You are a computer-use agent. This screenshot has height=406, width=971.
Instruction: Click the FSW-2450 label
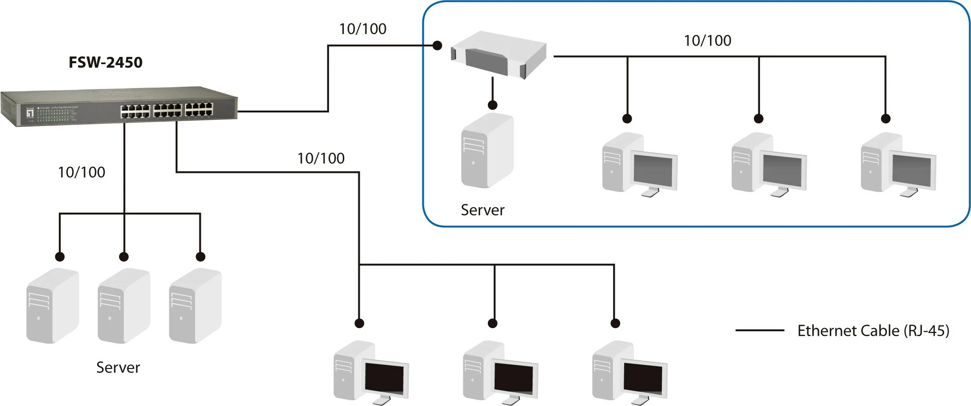click(105, 62)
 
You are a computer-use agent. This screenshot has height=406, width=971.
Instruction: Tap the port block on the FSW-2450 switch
click(167, 110)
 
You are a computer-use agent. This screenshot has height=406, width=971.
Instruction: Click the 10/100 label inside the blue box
click(707, 41)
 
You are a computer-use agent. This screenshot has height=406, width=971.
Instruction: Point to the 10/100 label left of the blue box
click(362, 29)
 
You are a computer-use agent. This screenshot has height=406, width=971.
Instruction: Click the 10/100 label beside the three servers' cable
click(81, 172)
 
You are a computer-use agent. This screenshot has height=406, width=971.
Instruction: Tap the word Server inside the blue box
click(482, 210)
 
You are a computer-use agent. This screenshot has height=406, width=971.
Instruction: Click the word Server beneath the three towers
click(118, 368)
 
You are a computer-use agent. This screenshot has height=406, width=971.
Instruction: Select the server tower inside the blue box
click(487, 150)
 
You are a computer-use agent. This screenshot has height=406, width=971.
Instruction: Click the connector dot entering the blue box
click(437, 45)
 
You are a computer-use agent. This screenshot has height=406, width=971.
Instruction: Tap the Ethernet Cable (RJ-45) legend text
click(873, 331)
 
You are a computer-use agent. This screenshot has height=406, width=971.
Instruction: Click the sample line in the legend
click(759, 330)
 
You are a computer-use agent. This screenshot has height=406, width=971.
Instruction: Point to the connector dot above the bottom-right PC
click(615, 323)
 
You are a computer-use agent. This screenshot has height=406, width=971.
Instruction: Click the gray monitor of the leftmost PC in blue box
click(653, 170)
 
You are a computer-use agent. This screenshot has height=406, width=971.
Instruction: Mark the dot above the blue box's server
click(492, 105)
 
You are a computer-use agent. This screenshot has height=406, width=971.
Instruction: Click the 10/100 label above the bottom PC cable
click(321, 158)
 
